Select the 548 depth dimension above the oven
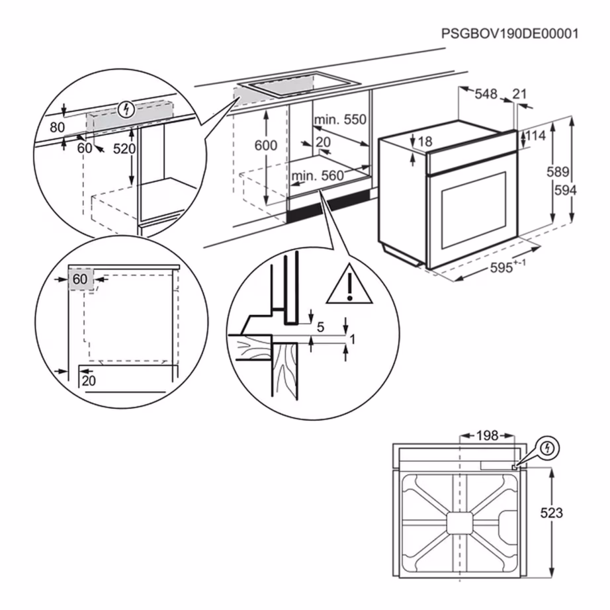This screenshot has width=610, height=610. click(x=486, y=94)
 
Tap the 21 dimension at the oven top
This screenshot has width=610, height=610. click(x=519, y=94)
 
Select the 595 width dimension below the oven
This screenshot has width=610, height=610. click(x=505, y=269)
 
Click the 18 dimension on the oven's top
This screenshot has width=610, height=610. click(x=425, y=141)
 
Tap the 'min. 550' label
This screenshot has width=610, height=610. click(x=340, y=120)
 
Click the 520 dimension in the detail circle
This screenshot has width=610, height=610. click(x=124, y=149)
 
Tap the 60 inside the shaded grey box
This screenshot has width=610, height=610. click(x=80, y=280)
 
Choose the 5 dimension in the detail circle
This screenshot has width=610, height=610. click(x=320, y=327)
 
